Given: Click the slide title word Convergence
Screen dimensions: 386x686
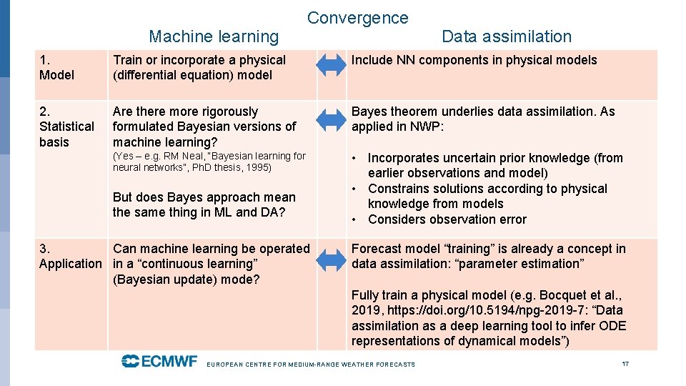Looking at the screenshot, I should [x=357, y=18].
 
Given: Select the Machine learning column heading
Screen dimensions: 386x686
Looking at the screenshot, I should [x=214, y=36].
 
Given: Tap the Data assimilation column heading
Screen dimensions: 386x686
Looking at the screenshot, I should [x=507, y=36].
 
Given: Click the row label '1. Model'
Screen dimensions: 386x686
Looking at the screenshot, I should [x=56, y=67].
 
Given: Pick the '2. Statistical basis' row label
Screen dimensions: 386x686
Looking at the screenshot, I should [x=66, y=127].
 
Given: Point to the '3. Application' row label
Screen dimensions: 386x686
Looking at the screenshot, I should [x=70, y=256].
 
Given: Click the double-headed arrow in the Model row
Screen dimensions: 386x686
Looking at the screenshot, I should [x=331, y=65].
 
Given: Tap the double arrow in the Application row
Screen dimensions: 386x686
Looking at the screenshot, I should [x=331, y=260].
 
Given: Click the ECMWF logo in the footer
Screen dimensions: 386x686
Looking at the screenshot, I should [x=159, y=361].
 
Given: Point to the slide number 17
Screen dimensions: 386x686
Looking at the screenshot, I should [x=625, y=364].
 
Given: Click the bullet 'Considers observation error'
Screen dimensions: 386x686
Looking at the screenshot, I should [x=447, y=219].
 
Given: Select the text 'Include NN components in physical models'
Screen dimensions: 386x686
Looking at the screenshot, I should [x=474, y=60].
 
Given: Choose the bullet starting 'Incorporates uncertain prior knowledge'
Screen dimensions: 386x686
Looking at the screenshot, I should [x=494, y=165].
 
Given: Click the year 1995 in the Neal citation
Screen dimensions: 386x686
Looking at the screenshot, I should [x=259, y=168].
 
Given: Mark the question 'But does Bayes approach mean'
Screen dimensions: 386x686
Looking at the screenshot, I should [x=204, y=197].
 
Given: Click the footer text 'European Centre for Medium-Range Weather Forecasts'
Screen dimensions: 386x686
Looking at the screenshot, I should [x=311, y=365].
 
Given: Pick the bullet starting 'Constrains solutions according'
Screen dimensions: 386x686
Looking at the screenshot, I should [x=487, y=196].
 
